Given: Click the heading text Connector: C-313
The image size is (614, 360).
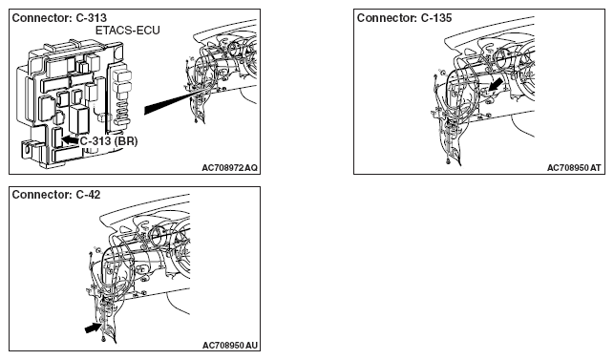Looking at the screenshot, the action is tap(59, 18).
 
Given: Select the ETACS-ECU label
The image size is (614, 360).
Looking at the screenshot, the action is tap(128, 31).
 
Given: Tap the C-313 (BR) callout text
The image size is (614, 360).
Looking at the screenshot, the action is tap(109, 141).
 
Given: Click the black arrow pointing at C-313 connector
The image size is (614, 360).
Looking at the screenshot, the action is tap(70, 139).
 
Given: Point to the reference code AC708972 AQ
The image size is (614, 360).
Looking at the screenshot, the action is tap(230, 168).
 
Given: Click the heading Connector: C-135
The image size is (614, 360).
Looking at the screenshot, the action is tap(404, 18).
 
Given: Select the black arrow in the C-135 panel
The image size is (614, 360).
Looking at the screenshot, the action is tap(496, 84).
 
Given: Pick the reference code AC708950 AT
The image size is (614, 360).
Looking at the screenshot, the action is tap(574, 168).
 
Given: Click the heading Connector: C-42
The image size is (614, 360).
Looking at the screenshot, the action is tap(56, 195).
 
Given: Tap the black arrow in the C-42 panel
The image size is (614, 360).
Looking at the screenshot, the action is tap(94, 328).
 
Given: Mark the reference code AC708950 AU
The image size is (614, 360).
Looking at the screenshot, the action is tap(230, 345).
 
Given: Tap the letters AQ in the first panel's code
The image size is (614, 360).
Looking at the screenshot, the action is tap(251, 168).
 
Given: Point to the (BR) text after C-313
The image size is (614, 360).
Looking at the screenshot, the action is tap(126, 141).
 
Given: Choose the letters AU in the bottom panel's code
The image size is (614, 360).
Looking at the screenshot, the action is tap(252, 345).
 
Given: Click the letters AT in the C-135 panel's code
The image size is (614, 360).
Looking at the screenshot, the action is tap(596, 168).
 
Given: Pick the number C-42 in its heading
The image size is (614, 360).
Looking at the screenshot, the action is tap(88, 195).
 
